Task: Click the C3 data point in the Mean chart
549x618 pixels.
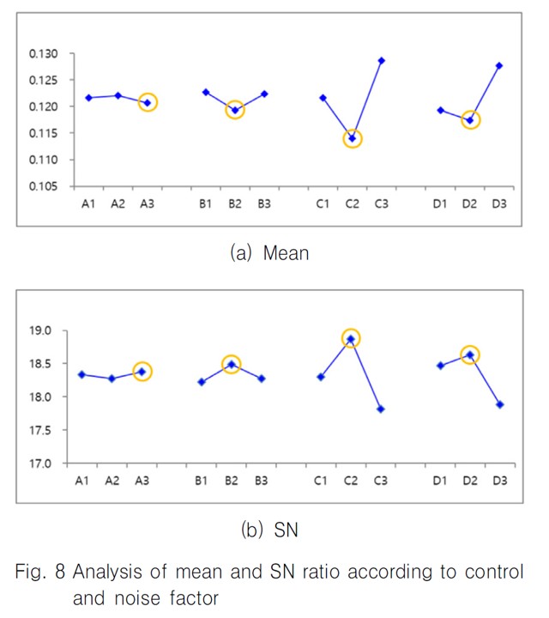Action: (x=381, y=61)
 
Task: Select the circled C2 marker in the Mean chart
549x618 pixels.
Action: (x=352, y=138)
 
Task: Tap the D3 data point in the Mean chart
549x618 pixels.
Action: (x=498, y=65)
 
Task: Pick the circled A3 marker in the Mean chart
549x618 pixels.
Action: (x=147, y=103)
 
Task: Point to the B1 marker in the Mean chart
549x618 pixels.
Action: (x=206, y=92)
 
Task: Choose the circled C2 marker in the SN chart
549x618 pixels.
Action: (x=350, y=338)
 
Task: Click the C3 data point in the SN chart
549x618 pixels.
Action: (x=380, y=409)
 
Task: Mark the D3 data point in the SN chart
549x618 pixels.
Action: (x=499, y=404)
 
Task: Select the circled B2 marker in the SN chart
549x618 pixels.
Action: (x=231, y=364)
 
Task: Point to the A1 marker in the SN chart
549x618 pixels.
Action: (x=81, y=374)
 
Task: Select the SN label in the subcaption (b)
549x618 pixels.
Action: (x=285, y=531)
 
